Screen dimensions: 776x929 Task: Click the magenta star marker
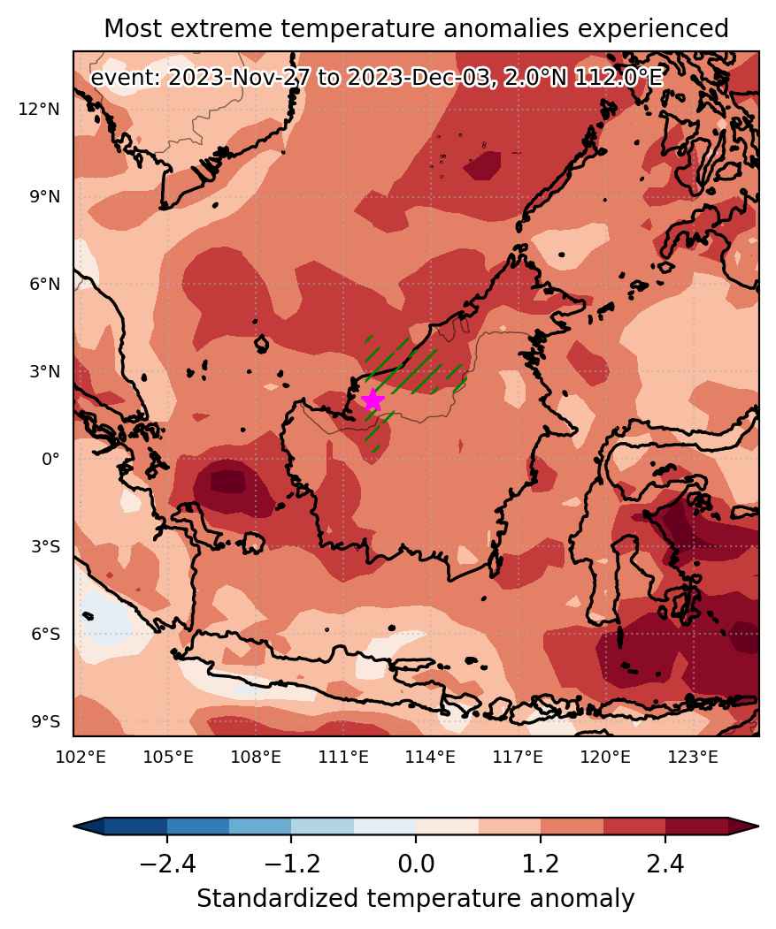(x=373, y=400)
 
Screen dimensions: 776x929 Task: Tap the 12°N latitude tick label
(x=39, y=109)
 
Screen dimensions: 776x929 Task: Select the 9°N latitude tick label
(x=45, y=197)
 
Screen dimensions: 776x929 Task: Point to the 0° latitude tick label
(x=51, y=459)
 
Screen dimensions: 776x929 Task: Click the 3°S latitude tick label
(x=46, y=546)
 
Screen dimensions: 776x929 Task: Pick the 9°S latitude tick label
(x=46, y=721)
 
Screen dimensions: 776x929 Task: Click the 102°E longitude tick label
(x=81, y=757)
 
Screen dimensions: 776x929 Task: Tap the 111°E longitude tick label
(x=343, y=757)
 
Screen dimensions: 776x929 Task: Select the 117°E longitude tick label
(x=518, y=757)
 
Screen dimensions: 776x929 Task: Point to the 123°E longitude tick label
(x=693, y=757)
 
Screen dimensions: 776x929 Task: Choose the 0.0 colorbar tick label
(x=416, y=864)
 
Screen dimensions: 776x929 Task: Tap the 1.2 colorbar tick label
(x=541, y=864)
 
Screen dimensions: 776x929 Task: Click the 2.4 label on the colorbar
(x=665, y=864)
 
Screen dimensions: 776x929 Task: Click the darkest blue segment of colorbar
(x=136, y=826)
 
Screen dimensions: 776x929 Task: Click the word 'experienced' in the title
(x=653, y=29)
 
